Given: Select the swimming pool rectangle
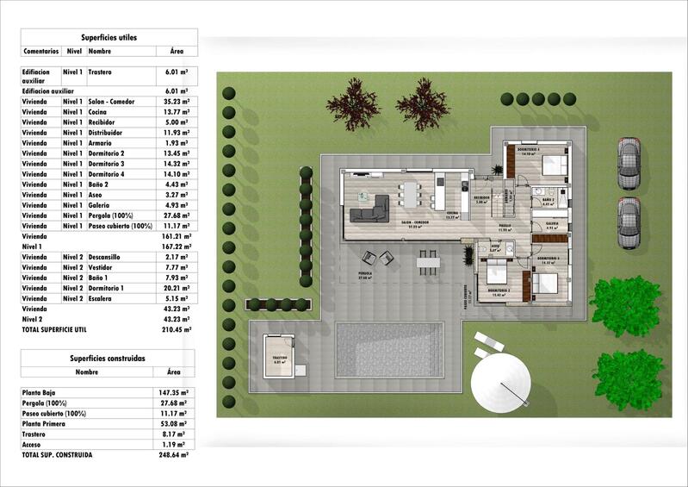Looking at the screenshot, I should pos(388,349).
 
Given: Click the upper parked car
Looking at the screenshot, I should pos(629,163).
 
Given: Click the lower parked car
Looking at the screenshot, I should pos(629,222).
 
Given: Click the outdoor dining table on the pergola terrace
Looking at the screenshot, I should pos(427,259).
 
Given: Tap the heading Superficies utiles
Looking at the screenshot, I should pos(108,38).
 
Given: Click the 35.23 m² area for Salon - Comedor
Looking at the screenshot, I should pos(177,101).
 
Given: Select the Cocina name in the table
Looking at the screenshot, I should pos(99,112).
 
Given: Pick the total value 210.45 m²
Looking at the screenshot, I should pos(177,329).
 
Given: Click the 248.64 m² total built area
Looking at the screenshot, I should pos(174,454).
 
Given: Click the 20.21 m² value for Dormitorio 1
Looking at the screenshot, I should pos(177,288).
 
